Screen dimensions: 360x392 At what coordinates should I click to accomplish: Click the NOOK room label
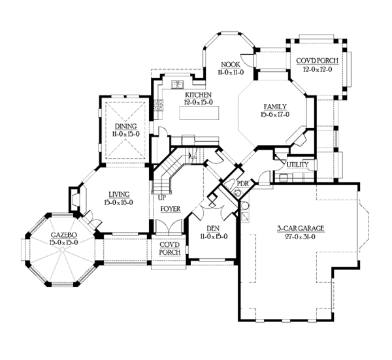click(x=229, y=65)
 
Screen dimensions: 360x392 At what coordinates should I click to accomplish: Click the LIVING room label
click(x=118, y=194)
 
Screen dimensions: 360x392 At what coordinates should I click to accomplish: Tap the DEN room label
click(x=212, y=229)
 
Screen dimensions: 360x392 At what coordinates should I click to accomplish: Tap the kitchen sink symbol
click(x=177, y=84)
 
